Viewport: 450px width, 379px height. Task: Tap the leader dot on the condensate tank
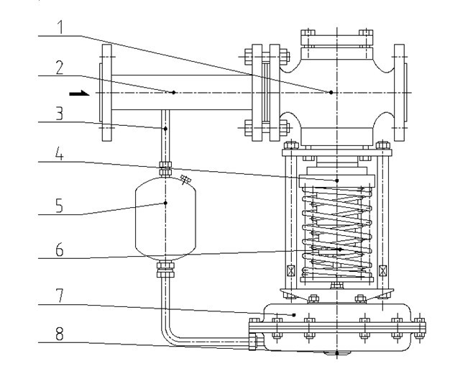(165, 203)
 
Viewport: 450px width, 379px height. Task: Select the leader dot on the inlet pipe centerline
(173, 92)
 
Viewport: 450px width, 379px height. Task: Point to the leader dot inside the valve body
(331, 92)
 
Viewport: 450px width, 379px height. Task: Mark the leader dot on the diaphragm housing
(295, 314)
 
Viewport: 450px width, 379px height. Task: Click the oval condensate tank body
(165, 216)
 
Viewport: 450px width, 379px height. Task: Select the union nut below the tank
(165, 269)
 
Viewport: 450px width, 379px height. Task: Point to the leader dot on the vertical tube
(165, 129)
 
